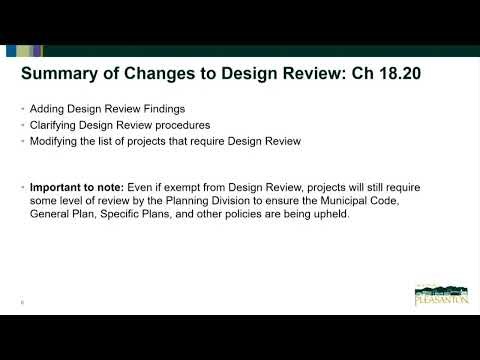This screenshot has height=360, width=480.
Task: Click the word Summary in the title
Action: pos(59,73)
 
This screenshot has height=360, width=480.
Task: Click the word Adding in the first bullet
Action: pos(48,108)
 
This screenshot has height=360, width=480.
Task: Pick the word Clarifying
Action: pos(56,125)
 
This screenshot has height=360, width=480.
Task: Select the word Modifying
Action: pos(56,142)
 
